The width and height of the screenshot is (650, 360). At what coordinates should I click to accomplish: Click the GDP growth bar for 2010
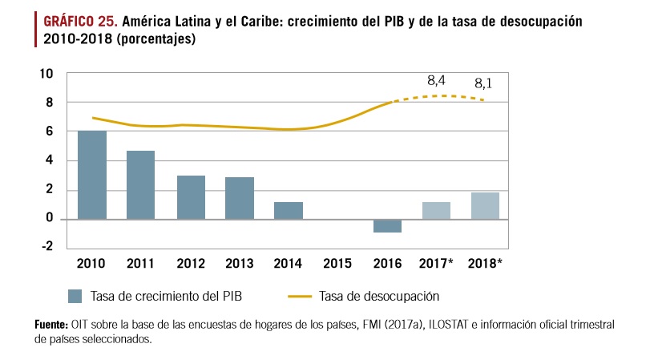pos(91,175)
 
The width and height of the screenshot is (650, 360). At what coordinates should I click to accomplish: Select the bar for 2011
pos(140,184)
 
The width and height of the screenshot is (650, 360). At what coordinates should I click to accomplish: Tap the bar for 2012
pos(191,197)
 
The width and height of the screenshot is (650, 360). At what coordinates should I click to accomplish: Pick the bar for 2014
pos(289,210)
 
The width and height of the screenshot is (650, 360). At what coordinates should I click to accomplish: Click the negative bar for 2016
pos(387,225)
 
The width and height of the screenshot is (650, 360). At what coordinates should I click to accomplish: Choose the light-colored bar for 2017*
pos(436,210)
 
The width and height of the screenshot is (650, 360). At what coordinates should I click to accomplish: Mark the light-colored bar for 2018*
pos(485,205)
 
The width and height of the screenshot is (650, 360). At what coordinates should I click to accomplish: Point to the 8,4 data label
pos(436,80)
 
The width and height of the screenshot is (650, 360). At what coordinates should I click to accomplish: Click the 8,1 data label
pos(483,83)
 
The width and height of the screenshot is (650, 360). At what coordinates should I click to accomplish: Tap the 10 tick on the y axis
pos(46,74)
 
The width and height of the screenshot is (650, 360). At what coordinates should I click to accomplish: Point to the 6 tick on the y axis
pos(50,131)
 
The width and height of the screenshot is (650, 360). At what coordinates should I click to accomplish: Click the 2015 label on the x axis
pos(337,262)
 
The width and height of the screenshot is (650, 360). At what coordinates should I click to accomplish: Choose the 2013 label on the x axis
pos(239,262)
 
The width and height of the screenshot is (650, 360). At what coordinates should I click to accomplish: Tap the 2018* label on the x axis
pos(486,262)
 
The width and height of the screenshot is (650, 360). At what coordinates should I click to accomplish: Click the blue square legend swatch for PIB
pos(75,296)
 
